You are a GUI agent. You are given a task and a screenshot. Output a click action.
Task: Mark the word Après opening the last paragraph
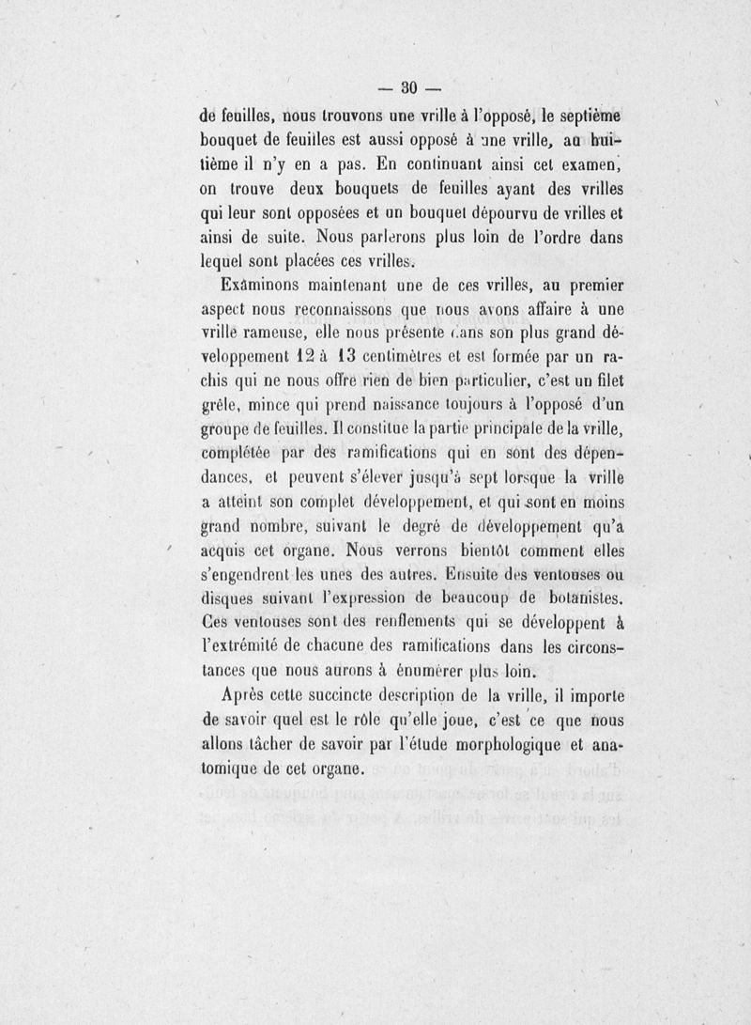247,698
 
